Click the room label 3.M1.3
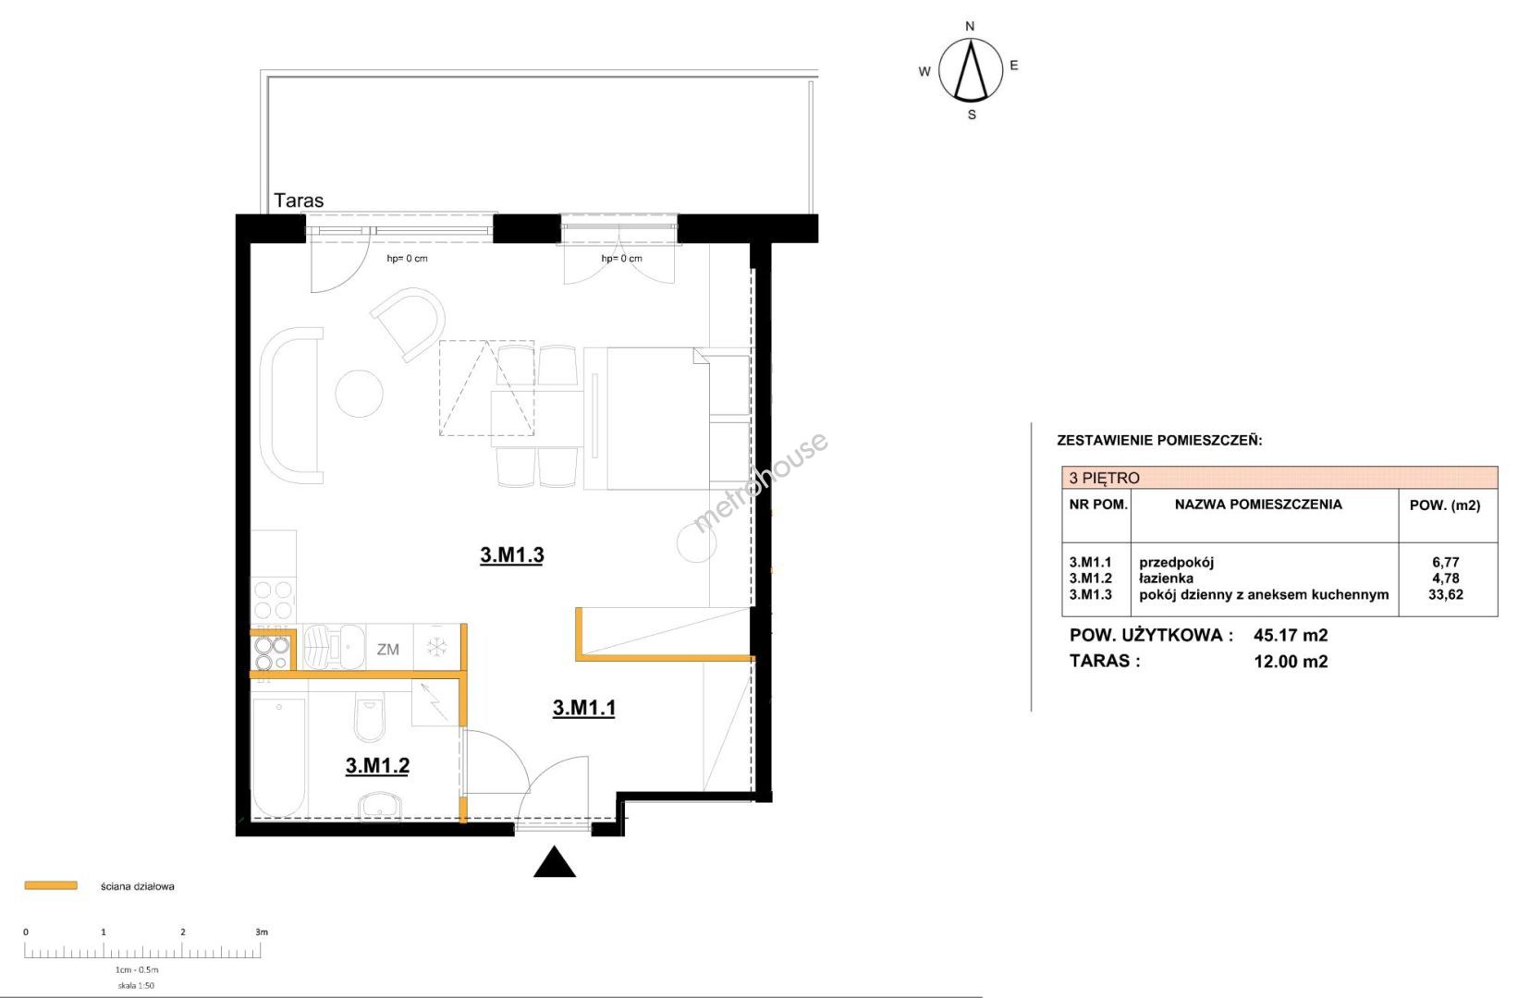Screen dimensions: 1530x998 pyautogui.click(x=511, y=555)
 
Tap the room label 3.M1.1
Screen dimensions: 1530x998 pyautogui.click(x=584, y=708)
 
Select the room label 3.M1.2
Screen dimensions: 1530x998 pyautogui.click(x=378, y=766)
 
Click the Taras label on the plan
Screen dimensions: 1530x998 pyautogui.click(x=299, y=201)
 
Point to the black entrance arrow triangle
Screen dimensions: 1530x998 pyautogui.click(x=555, y=863)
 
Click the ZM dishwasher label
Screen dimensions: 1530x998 pyautogui.click(x=388, y=650)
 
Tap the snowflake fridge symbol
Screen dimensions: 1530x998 pyautogui.click(x=436, y=647)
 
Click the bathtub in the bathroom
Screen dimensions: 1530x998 pyautogui.click(x=278, y=756)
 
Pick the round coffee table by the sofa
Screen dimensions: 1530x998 pyautogui.click(x=360, y=393)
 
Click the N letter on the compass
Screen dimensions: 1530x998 pyautogui.click(x=970, y=27)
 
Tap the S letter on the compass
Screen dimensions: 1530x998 pyautogui.click(x=972, y=115)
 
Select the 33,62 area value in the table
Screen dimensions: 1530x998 pyautogui.click(x=1446, y=594)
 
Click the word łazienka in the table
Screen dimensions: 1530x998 pyautogui.click(x=1167, y=578)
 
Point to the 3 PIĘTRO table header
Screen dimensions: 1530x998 pyautogui.click(x=1105, y=478)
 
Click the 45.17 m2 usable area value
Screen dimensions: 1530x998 pyautogui.click(x=1291, y=636)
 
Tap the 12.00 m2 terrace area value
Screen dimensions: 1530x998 pyautogui.click(x=1291, y=662)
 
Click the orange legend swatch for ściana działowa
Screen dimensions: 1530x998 pyautogui.click(x=51, y=885)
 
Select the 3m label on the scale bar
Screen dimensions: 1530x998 pyautogui.click(x=262, y=931)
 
